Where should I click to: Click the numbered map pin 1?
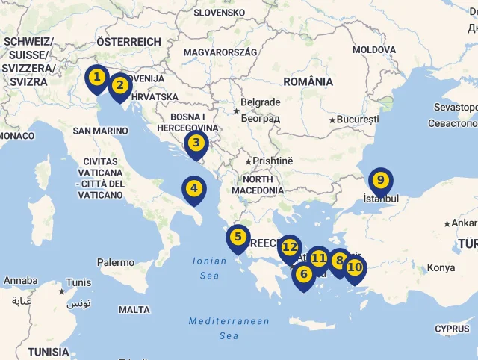point(96,78)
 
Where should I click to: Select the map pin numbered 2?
point(119,86)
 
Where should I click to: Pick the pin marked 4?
point(194,189)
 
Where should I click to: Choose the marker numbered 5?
point(238,238)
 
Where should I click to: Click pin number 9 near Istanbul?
point(380,180)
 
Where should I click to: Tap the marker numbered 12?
point(290,247)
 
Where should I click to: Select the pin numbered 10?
point(354,267)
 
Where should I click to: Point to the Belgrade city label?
point(260,102)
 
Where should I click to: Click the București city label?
point(358,120)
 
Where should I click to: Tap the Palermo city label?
point(116,263)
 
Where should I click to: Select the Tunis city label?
point(78,282)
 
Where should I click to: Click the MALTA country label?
point(134,310)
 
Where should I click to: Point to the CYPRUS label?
point(452,329)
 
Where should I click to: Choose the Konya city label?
point(440,268)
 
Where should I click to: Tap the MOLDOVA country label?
point(374,49)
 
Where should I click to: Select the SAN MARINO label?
point(100,131)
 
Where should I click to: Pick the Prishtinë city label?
point(273,161)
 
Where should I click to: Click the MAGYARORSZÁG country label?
point(220,52)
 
